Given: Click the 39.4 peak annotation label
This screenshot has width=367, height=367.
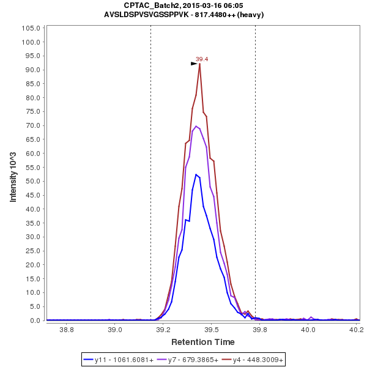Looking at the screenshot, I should point(202,59).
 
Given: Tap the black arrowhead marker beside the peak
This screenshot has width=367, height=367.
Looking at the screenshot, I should point(194,63).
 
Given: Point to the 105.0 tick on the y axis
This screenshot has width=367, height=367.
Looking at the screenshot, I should point(31,28).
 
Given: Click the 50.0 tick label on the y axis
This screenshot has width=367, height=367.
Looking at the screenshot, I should point(32,181).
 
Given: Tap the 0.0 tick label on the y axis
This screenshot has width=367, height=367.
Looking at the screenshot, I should point(35,321).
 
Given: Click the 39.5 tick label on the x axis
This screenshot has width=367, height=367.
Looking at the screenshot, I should point(211,330).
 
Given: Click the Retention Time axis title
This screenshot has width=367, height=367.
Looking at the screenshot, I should point(202,341).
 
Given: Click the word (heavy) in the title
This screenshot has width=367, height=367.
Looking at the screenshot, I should point(251,15).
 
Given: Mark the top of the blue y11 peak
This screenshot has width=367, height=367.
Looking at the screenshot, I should point(196,174).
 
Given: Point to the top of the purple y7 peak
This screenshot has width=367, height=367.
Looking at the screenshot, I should point(196,126).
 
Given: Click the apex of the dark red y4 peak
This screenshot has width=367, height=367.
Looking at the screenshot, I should point(199,64).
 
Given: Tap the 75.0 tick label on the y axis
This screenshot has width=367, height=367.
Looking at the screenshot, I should point(32,111).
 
